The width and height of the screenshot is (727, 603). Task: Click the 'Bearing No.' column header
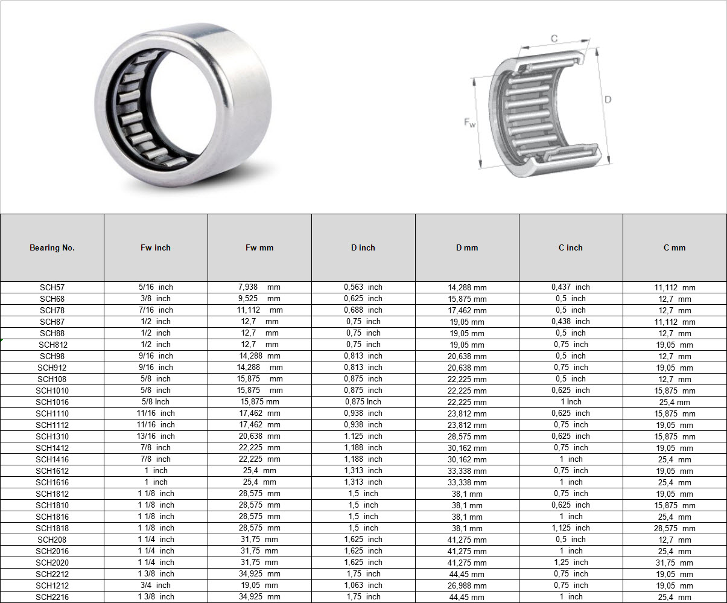[x=52, y=247]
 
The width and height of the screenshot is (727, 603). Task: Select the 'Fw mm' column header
[x=259, y=247]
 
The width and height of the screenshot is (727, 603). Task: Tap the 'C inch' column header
[x=570, y=247]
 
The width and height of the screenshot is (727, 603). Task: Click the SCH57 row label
[x=52, y=287]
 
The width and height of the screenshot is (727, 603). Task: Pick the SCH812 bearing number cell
[x=53, y=345]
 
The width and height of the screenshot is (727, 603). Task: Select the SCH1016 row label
[x=52, y=402]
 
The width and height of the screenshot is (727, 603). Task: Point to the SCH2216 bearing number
[x=52, y=597]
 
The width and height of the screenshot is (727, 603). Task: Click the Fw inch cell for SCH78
[x=156, y=310]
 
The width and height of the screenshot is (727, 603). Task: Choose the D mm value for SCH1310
[x=467, y=436]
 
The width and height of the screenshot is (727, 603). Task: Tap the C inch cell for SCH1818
[x=570, y=528]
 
